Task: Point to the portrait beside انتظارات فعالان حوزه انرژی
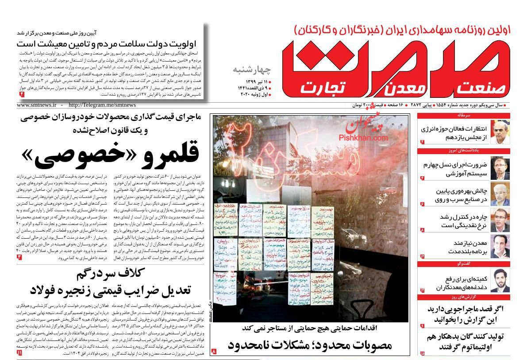(500, 132)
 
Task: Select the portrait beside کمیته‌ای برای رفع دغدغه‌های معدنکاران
(500, 280)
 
